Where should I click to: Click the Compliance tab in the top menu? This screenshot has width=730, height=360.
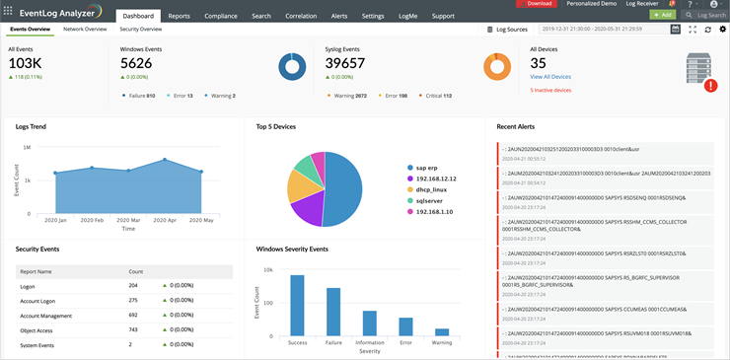tap(222, 17)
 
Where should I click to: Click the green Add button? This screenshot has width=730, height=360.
tap(662, 16)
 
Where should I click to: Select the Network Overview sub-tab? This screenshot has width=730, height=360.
tap(85, 30)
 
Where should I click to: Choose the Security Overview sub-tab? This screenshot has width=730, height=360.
tap(141, 30)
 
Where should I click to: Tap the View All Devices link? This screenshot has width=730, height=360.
tap(549, 76)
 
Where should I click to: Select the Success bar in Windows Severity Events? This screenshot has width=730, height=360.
tap(297, 306)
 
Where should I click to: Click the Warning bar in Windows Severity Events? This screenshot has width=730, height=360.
tap(442, 332)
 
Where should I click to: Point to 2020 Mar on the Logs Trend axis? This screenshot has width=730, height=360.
tap(126, 220)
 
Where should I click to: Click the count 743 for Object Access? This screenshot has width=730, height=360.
tap(133, 329)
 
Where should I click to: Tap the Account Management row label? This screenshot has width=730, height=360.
tap(45, 315)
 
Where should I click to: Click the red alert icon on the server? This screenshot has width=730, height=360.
tap(711, 86)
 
